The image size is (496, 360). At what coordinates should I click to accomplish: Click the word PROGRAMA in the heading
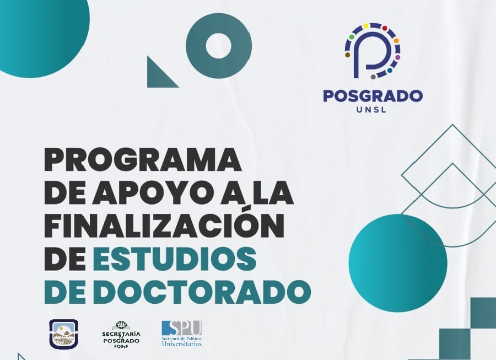click(x=143, y=159)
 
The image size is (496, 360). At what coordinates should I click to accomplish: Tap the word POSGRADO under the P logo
click(x=373, y=95)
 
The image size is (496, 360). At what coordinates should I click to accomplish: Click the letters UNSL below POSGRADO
click(x=371, y=110)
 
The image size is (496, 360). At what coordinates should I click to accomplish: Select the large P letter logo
click(x=373, y=50)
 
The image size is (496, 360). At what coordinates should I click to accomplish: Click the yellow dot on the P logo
click(x=366, y=25)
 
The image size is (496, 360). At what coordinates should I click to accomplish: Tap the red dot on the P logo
click(x=385, y=28)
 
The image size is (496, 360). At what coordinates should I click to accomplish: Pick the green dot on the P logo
click(x=352, y=37)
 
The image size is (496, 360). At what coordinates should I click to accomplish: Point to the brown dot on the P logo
click(x=348, y=55)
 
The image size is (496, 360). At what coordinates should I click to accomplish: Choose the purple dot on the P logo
click(x=397, y=57)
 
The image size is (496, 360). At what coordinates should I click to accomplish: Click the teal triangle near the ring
click(x=158, y=77)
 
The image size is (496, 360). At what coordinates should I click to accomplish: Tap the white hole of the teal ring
click(x=219, y=46)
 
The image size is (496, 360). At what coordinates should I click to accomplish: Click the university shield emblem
click(x=63, y=334)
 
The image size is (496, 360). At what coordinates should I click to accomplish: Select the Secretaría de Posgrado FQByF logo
click(x=121, y=335)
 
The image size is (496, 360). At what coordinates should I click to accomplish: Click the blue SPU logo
click(x=181, y=334)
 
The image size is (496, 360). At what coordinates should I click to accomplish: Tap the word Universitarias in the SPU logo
click(x=181, y=343)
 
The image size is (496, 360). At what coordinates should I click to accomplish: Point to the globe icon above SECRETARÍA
click(x=121, y=325)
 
